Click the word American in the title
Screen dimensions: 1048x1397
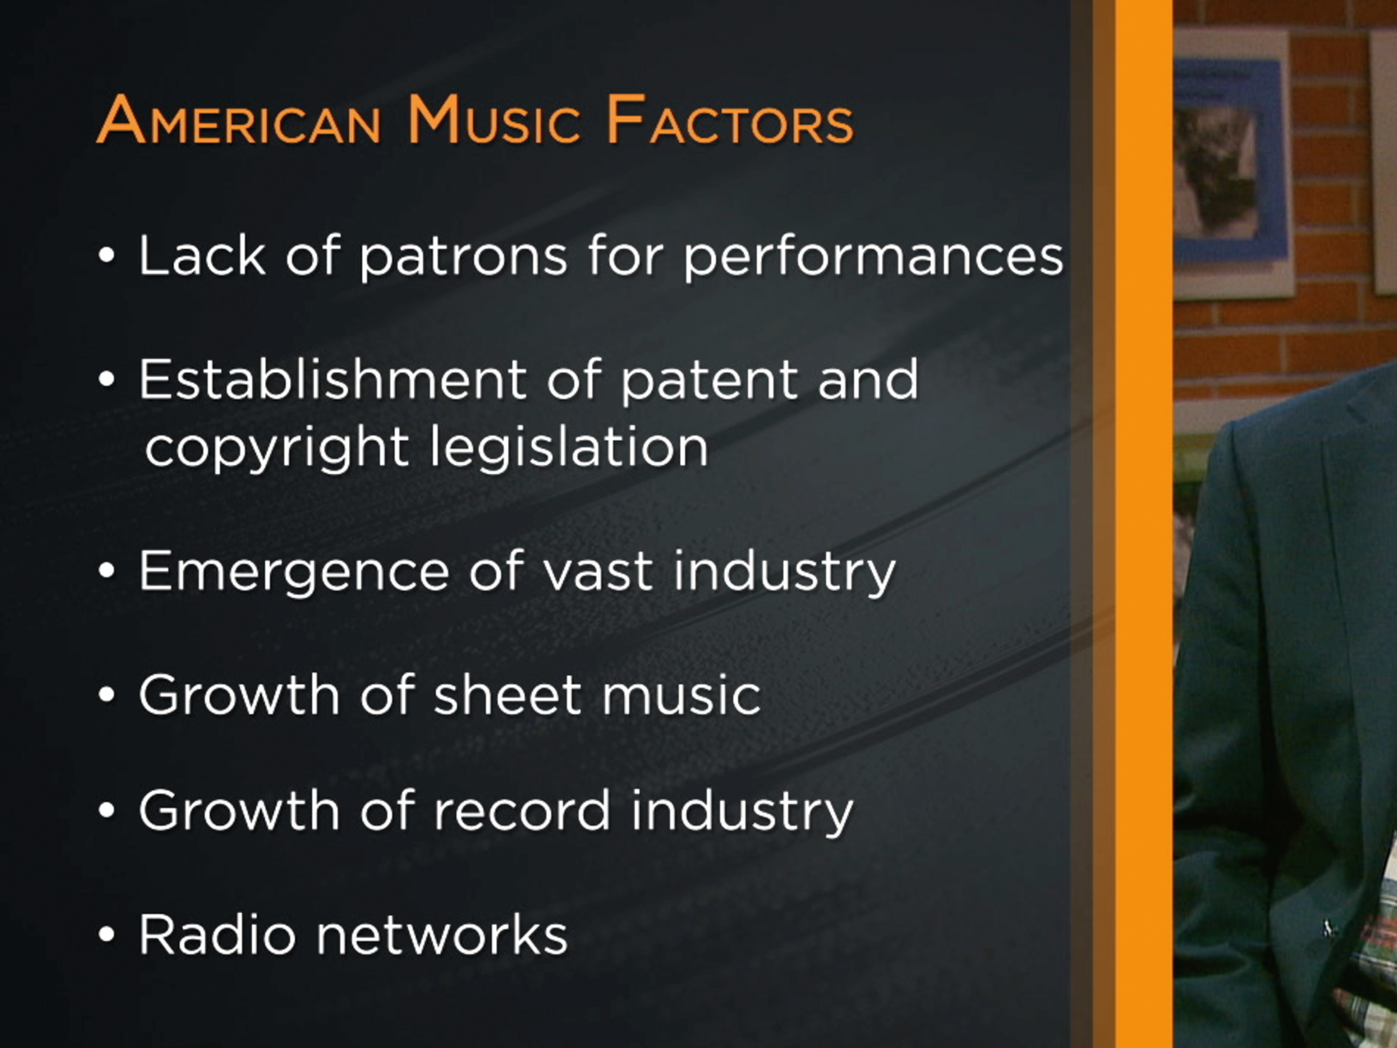click(238, 120)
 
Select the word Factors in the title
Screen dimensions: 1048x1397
click(730, 120)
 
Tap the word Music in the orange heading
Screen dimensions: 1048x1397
click(494, 120)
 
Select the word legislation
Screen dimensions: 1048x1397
click(569, 447)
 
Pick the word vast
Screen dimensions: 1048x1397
click(598, 571)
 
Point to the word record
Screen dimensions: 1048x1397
click(522, 811)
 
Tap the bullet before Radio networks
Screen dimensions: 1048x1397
click(107, 935)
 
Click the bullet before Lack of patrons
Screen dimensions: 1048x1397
click(107, 256)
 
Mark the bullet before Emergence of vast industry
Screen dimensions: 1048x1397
click(107, 570)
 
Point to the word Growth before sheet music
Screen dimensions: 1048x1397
click(238, 695)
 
